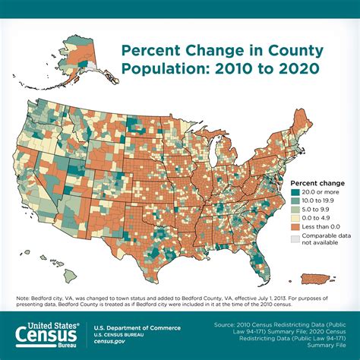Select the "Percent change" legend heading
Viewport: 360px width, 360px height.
click(318, 183)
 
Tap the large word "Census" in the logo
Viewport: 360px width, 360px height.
click(44, 332)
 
